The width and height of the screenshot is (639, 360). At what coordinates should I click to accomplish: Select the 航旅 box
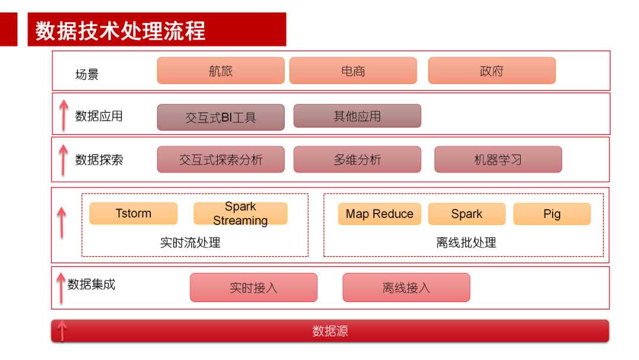[221, 71]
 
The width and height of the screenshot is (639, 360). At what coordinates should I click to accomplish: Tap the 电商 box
[353, 71]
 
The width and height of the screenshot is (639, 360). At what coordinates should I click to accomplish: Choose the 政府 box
[492, 71]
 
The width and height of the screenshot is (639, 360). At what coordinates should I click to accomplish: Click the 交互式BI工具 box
[221, 117]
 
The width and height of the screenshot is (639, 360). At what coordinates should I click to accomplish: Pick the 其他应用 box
[357, 116]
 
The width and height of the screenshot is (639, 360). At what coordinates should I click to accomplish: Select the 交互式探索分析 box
[221, 160]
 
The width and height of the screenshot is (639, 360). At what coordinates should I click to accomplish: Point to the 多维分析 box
[357, 160]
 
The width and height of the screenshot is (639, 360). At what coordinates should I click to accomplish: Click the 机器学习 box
[498, 160]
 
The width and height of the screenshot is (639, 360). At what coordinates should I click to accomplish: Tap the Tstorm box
[133, 214]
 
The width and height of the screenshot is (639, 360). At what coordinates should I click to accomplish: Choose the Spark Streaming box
[240, 214]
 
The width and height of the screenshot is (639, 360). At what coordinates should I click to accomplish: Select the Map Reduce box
[379, 214]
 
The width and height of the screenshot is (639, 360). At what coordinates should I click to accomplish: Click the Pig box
[552, 214]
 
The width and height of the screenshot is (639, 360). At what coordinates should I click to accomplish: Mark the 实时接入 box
[253, 288]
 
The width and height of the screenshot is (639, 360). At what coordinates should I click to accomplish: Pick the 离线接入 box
[406, 288]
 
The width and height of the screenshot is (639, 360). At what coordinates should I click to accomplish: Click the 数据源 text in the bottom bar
[330, 331]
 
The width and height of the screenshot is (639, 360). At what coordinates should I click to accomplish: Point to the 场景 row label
[87, 75]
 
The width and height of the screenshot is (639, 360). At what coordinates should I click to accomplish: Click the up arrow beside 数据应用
[63, 115]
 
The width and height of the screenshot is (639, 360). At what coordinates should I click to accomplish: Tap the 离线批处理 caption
[466, 243]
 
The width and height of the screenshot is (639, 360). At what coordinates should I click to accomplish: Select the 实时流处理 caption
[191, 243]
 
